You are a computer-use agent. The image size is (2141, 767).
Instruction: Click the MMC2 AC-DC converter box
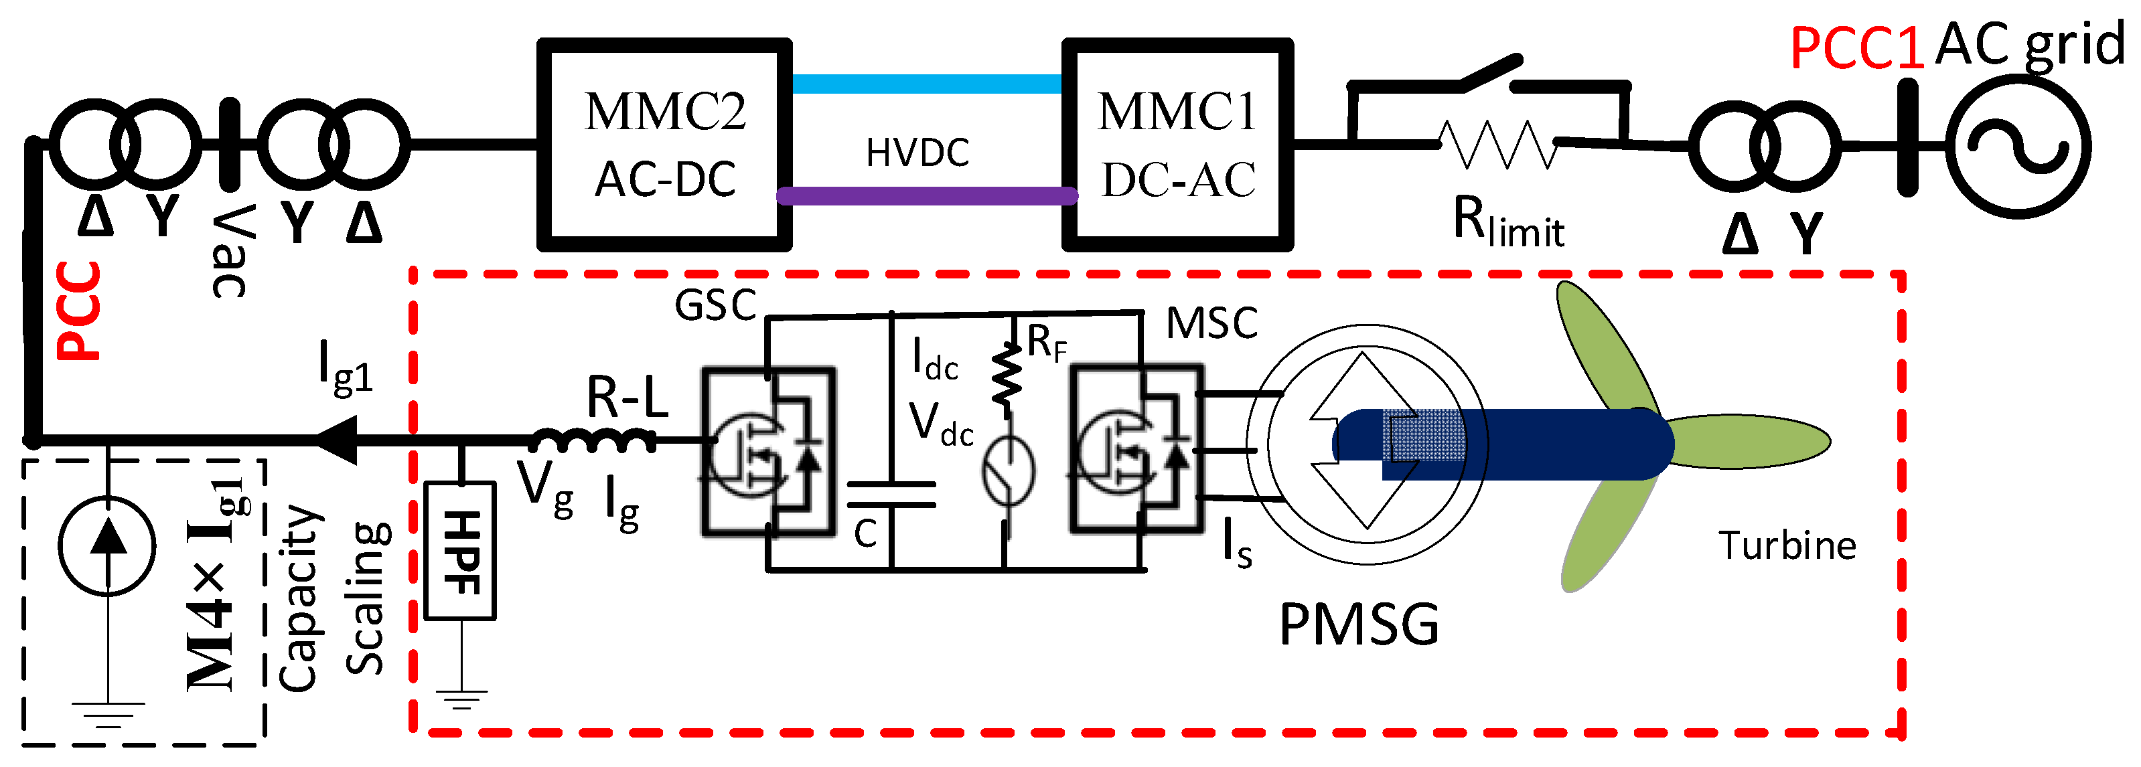pos(664,145)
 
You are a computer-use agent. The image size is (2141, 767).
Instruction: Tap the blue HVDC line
pos(927,84)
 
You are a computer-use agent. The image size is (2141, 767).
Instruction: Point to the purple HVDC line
pos(927,196)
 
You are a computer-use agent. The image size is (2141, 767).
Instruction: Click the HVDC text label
pos(917,153)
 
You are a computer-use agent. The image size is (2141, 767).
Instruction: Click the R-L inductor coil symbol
pos(593,440)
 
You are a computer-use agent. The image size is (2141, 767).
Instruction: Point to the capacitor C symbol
pos(891,495)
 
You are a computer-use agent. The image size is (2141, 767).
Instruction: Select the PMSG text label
pos(1359,625)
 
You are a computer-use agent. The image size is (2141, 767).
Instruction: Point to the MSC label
pos(1211,323)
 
